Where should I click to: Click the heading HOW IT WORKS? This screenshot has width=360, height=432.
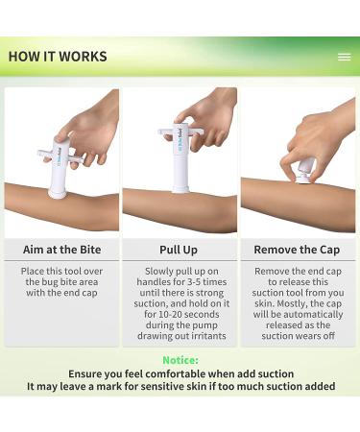pos(58,57)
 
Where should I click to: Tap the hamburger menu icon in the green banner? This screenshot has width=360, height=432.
pos(344,57)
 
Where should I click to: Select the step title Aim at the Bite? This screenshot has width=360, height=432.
pos(61,250)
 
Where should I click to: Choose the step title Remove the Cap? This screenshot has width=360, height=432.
pos(298,250)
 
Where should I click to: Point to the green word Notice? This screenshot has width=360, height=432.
pos(180,360)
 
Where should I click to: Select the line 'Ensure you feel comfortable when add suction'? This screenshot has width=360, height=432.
pos(180,373)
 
